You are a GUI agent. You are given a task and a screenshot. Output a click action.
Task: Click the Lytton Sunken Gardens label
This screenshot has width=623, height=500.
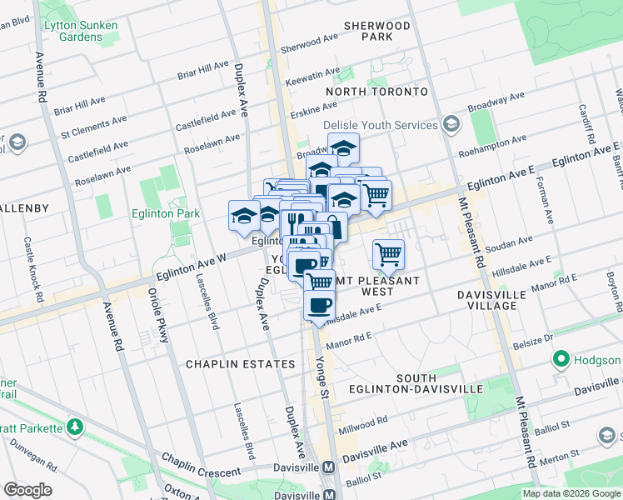(82, 31)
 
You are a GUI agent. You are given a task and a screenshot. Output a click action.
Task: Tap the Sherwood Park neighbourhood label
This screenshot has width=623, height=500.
(381, 32)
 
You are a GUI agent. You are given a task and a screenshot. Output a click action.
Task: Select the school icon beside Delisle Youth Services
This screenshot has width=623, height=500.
(451, 125)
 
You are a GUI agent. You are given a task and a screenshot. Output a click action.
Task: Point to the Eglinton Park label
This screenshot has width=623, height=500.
(166, 214)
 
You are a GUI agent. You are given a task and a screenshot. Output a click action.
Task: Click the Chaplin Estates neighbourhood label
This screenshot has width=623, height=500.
(240, 364)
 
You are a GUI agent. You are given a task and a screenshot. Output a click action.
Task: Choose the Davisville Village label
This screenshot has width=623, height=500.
(498, 301)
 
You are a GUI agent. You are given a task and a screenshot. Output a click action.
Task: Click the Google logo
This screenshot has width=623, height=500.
(27, 490)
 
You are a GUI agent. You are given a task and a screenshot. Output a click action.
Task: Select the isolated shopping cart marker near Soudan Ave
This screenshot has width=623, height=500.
(388, 253)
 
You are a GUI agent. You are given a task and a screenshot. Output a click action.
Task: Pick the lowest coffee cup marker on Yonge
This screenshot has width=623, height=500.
(316, 306)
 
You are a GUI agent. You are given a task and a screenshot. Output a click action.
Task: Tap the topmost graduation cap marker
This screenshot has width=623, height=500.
(343, 147)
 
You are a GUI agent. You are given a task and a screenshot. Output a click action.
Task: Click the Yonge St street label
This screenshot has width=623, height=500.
(322, 370)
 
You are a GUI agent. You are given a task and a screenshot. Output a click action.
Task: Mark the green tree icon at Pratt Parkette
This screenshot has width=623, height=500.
(75, 427)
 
